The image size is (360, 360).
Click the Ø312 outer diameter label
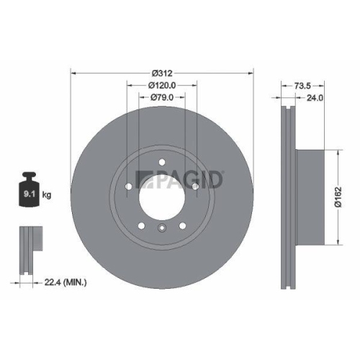tap(163, 73)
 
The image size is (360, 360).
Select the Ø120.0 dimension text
tap(163, 85)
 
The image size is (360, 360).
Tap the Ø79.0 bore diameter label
tap(163, 97)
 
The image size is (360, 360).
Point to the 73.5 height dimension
tap(303, 86)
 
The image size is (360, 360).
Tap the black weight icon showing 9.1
tap(30, 190)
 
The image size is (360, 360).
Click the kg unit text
tap(48, 194)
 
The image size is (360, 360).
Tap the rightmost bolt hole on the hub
tap(195, 187)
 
